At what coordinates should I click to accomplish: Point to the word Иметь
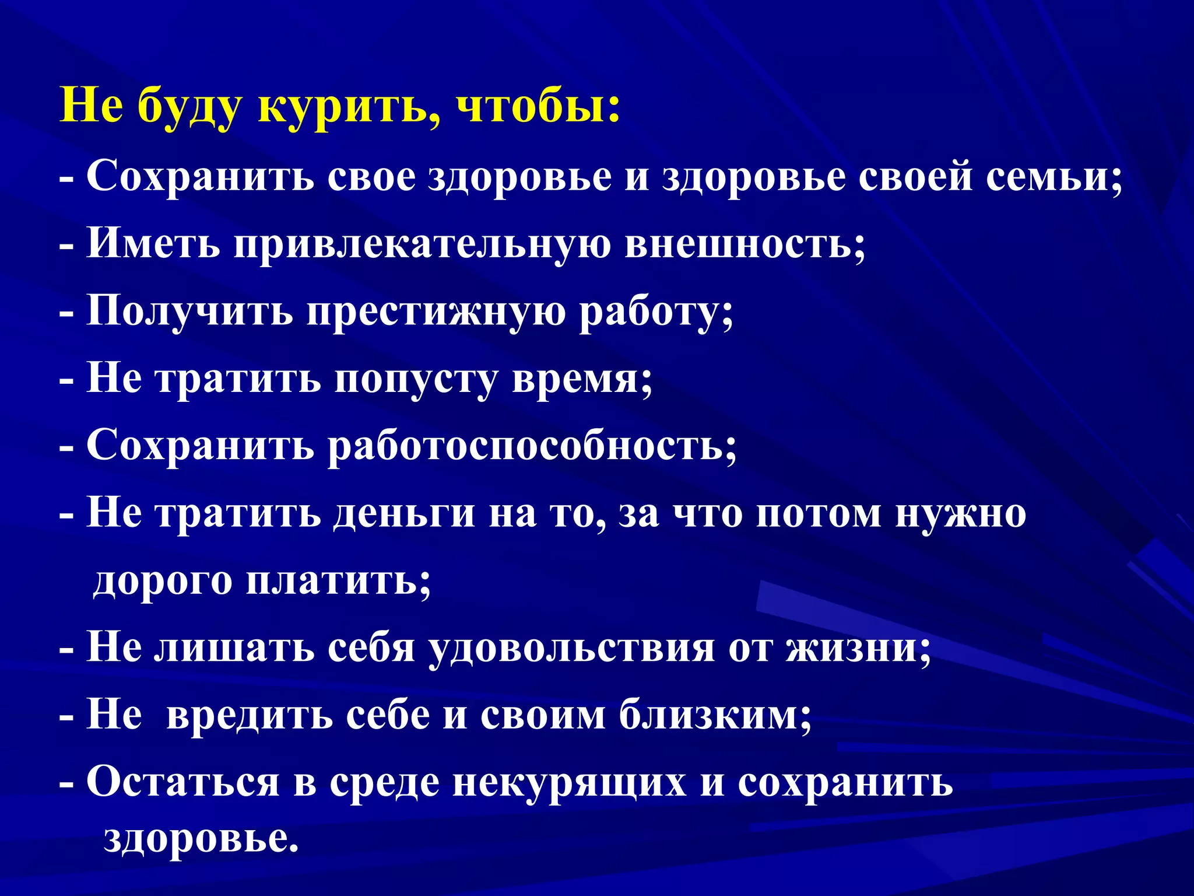pos(153,244)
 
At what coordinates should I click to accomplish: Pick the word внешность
pos(744,244)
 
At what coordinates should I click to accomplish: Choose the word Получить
pos(190,311)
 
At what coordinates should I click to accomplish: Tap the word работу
pos(655,311)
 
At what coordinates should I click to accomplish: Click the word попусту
pos(415,379)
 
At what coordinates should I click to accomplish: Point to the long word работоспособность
pos(531,446)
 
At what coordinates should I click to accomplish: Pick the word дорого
pos(163,581)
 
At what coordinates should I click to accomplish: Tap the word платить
pos(338,581)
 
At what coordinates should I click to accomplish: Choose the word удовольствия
pos(571,648)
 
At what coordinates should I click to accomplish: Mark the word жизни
pos(857,648)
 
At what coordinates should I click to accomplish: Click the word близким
pos(715,715)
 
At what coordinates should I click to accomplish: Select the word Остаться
pos(183,782)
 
